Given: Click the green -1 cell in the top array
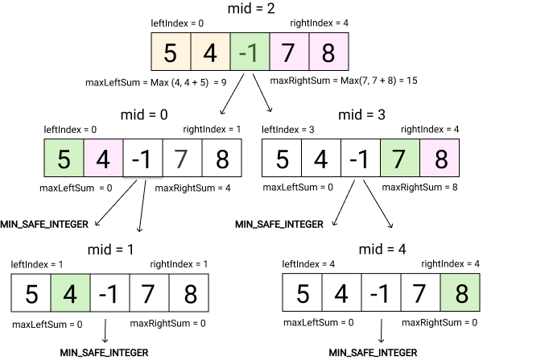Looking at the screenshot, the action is [250, 52].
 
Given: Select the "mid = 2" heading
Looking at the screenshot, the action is [251, 8].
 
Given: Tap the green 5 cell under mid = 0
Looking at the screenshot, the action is [64, 158].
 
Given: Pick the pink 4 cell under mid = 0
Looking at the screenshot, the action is [103, 158].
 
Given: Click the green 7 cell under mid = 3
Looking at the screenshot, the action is [400, 158].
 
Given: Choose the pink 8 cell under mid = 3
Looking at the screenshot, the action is [440, 158].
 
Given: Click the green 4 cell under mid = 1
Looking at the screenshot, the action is [70, 293].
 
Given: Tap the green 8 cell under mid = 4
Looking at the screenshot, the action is [460, 292].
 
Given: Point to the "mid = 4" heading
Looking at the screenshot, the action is [382, 250].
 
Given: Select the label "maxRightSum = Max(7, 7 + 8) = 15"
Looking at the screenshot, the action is [344, 81].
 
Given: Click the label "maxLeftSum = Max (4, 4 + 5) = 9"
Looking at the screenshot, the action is [156, 83].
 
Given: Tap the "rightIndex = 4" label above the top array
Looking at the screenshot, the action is [319, 23].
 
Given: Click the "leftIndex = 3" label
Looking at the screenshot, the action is [288, 130].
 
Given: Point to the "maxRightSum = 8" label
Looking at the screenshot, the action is [419, 188].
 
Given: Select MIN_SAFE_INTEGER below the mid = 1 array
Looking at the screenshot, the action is [104, 352].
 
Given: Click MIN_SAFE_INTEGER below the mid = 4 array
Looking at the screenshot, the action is [373, 352].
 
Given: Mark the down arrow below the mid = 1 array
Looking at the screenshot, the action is [105, 330].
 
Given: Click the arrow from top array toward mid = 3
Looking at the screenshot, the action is [262, 93].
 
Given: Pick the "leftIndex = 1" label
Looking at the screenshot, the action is [37, 264].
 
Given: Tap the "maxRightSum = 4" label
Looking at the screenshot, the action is [192, 188].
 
